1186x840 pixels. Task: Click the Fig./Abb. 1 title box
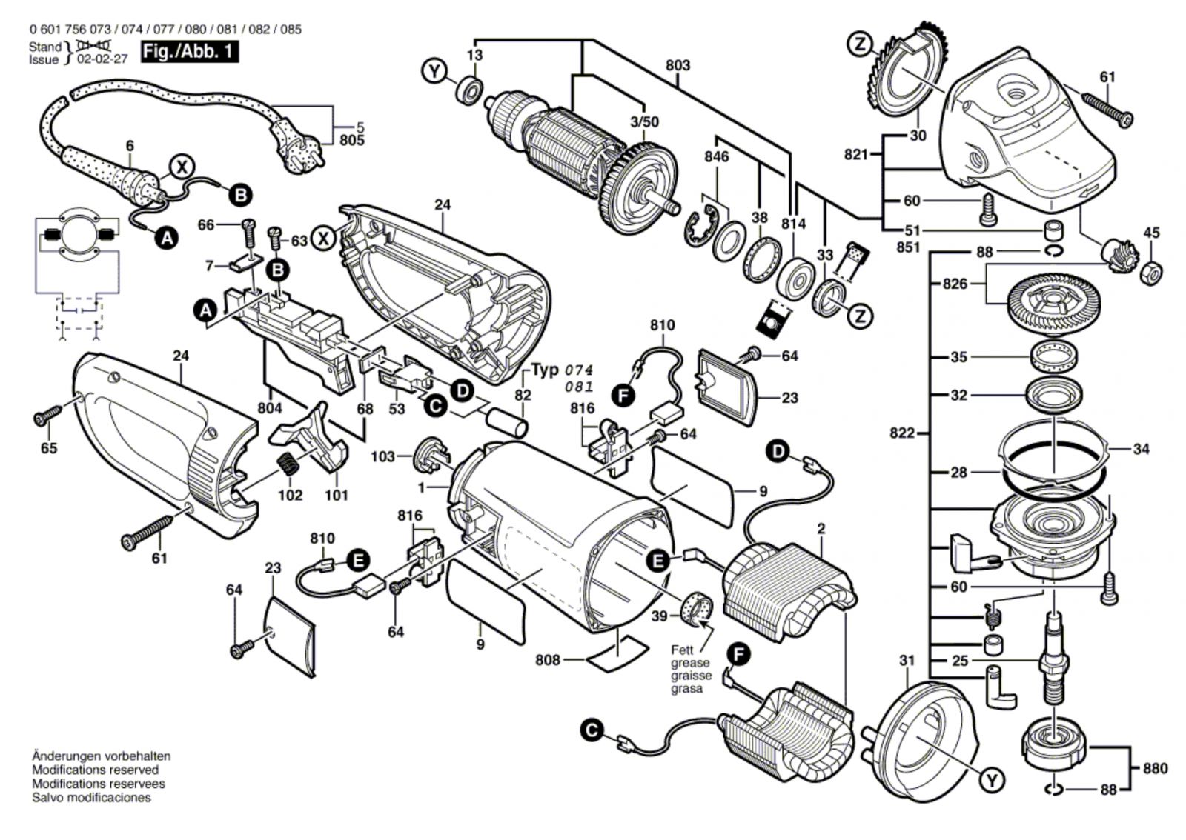coord(191,52)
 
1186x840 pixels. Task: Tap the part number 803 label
coord(677,65)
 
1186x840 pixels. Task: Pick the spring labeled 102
coord(288,469)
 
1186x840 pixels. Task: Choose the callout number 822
coord(902,433)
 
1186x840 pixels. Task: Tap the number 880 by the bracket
coord(1153,768)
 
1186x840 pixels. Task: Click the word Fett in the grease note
coord(682,650)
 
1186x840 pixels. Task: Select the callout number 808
coord(548,660)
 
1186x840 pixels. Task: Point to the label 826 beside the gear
coord(955,284)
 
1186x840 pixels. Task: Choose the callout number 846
coord(716,156)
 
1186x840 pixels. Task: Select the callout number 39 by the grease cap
coord(659,615)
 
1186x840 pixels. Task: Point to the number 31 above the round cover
coord(907,660)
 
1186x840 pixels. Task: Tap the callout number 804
coord(270,407)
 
